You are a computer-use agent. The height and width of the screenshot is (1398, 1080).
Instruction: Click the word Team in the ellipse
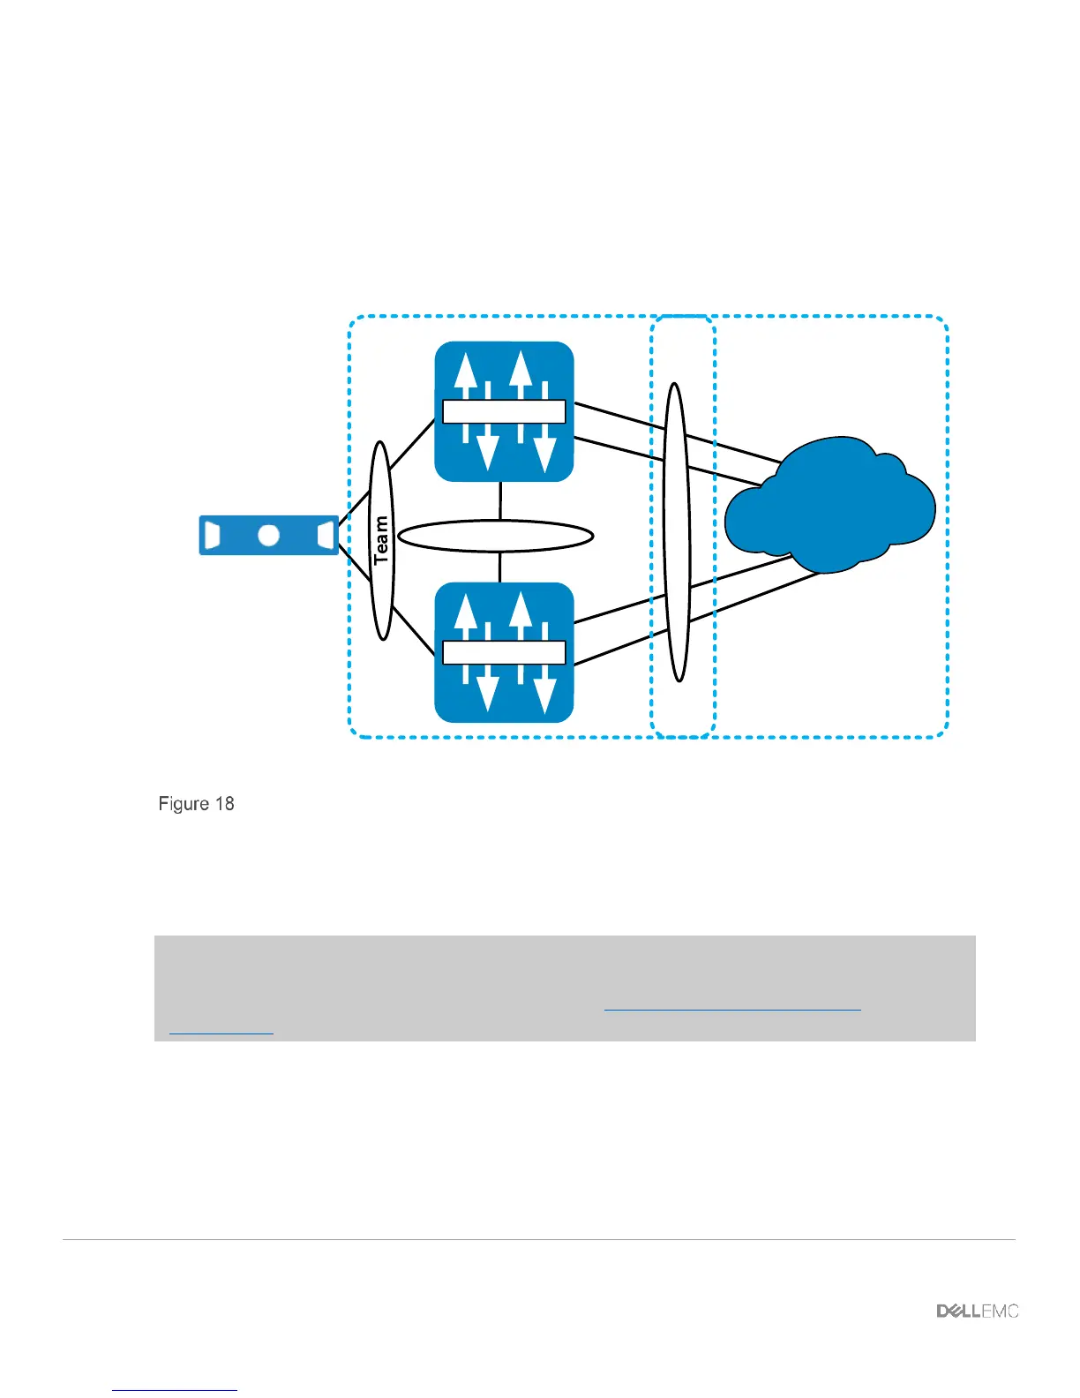pos(381,540)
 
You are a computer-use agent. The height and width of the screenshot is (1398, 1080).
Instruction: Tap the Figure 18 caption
pos(196,804)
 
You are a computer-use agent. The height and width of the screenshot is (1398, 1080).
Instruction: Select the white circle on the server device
pos(268,535)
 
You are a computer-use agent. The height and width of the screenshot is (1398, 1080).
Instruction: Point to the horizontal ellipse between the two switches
pos(495,536)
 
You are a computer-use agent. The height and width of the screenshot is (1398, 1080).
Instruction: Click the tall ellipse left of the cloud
pos(676,532)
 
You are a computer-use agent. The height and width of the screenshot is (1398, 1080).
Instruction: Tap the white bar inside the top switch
pos(504,411)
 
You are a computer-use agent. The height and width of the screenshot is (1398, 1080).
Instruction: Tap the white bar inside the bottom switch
pos(504,652)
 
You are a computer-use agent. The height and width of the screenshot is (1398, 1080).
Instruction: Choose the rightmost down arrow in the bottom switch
pos(544,691)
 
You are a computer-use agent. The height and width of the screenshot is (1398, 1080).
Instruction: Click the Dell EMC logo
pos(978,1312)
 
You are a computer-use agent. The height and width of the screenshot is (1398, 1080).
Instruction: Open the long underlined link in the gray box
pos(732,1008)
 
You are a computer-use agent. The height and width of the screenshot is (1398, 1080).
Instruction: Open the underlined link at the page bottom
pos(176,1389)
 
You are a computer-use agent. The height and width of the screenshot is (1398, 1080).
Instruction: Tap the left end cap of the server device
pos(212,535)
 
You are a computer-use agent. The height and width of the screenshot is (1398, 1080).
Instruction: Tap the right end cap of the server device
pos(326,535)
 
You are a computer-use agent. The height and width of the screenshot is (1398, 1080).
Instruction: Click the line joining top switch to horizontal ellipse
pos(500,500)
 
